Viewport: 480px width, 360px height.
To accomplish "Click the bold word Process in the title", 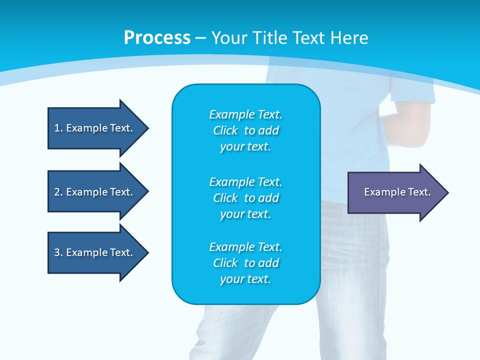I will (157, 38).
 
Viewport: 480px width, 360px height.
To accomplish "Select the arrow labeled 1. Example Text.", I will (95, 128).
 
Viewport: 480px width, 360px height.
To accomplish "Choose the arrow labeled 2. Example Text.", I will (95, 192).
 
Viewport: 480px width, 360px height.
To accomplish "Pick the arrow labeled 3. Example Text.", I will (95, 252).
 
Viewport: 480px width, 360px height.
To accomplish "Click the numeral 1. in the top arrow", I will (58, 128).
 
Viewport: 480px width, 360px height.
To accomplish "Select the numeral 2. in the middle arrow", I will (58, 192).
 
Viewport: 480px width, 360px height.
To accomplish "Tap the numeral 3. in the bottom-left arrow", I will (58, 252).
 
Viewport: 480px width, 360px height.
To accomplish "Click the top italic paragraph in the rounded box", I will (245, 130).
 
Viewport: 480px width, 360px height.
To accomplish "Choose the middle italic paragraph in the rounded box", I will (245, 197).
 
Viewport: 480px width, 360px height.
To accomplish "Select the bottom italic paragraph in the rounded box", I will (245, 263).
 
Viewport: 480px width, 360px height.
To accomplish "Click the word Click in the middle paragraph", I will (225, 198).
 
